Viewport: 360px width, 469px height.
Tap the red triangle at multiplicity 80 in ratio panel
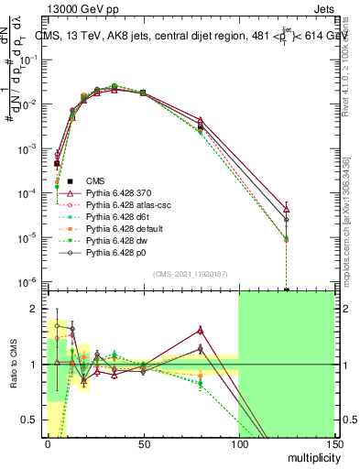point(200,330)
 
